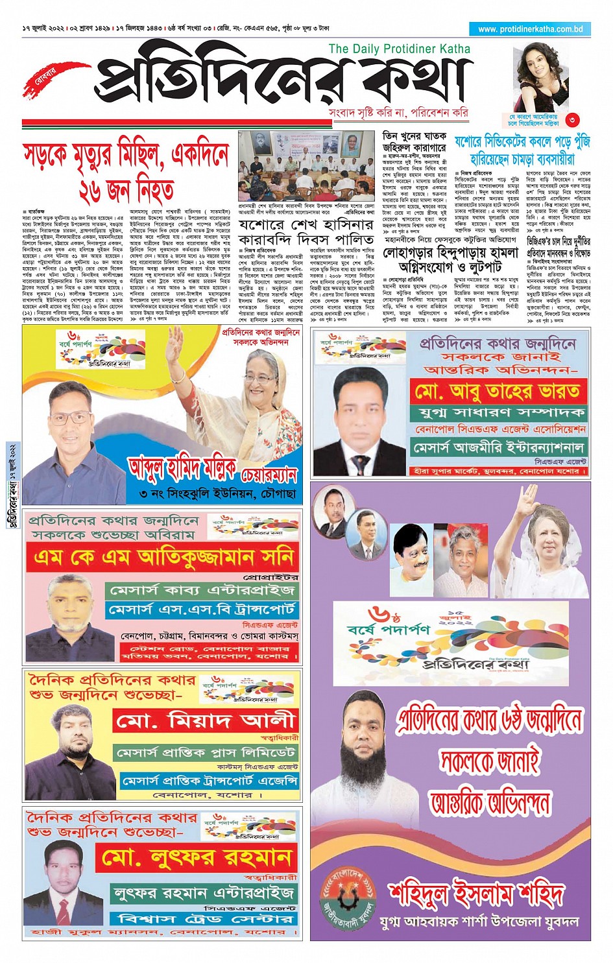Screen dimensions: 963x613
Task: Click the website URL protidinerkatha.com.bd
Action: tap(531, 29)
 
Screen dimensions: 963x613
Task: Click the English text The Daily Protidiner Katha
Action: tap(399, 49)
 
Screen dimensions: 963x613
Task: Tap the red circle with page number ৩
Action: tap(571, 119)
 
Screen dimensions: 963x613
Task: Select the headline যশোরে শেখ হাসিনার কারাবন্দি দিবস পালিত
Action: tap(306, 232)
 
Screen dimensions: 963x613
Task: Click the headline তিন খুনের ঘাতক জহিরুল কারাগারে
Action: tap(415, 141)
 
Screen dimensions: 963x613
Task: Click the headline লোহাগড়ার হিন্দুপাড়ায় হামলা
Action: tap(451, 258)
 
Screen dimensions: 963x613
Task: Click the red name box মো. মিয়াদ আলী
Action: tap(205, 720)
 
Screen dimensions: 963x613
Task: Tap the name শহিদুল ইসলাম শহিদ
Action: tap(476, 893)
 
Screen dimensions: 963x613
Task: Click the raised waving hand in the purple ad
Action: tap(529, 501)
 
